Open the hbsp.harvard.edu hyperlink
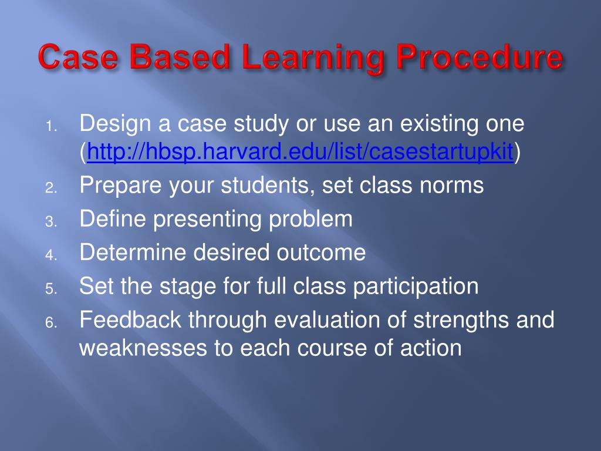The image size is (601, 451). point(300,152)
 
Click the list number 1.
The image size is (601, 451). point(51,126)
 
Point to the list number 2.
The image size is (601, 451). point(51,188)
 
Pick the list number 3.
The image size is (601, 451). point(51,221)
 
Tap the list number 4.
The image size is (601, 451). point(51,255)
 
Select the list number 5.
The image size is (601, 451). point(51,289)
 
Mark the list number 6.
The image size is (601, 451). point(51,322)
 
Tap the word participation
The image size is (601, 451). point(416,287)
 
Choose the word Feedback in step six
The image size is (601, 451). point(130,320)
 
